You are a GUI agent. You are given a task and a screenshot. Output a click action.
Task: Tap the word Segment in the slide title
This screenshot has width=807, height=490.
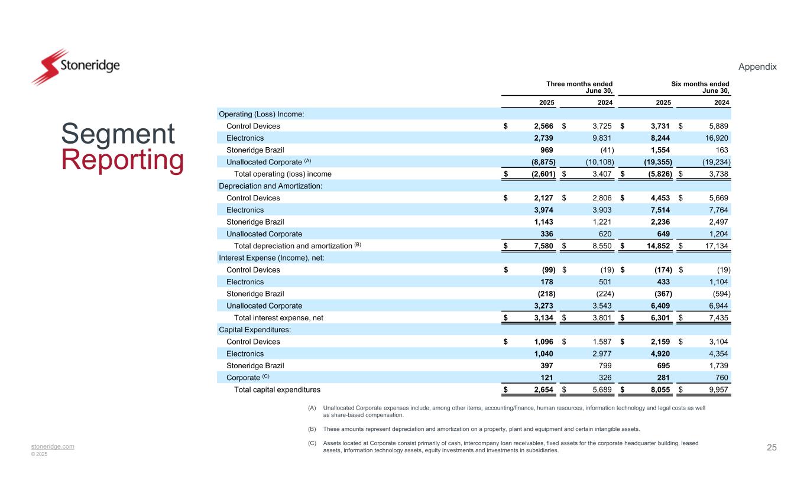click(x=118, y=134)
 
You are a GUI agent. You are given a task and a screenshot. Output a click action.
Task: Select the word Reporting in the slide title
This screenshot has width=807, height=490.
click(x=122, y=161)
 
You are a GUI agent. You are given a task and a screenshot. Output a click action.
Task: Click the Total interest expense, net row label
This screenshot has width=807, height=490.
click(x=278, y=318)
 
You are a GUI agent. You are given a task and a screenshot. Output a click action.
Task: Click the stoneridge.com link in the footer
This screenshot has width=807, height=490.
click(x=53, y=446)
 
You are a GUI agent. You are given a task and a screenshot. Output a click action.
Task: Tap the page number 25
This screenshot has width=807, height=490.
click(x=772, y=447)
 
